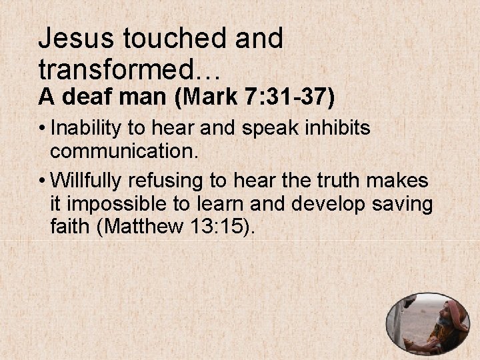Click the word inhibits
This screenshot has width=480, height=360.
point(338,127)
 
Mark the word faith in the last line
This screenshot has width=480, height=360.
point(70,228)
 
